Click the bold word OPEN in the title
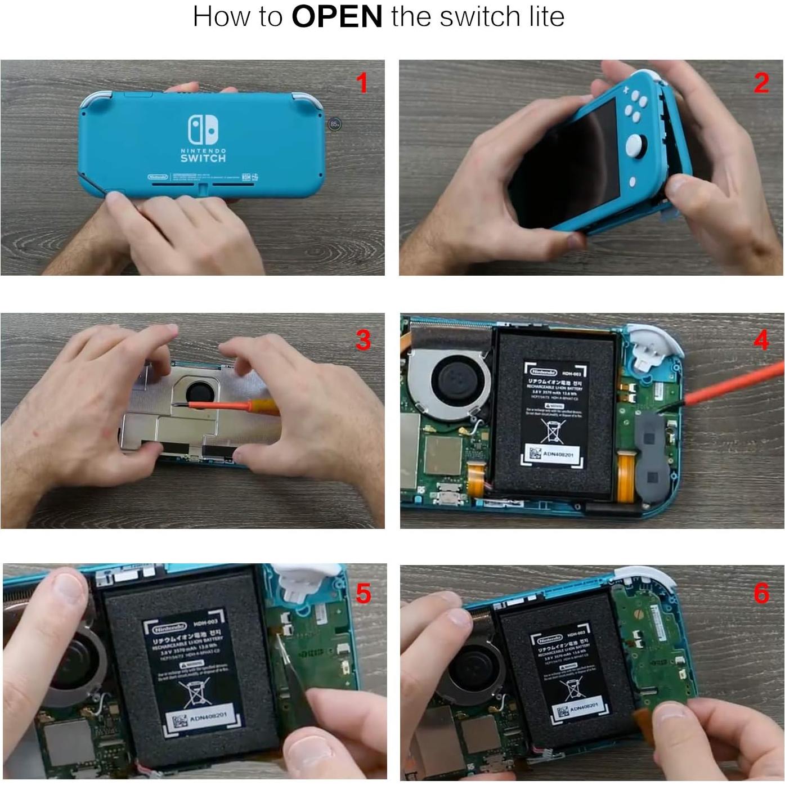[337, 16]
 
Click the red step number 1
[362, 83]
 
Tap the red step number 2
[761, 83]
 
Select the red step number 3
[363, 340]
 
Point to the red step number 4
[761, 340]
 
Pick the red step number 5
[363, 594]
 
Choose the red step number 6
[761, 593]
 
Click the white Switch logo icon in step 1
[203, 129]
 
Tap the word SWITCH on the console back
[203, 159]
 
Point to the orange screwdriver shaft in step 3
[219, 405]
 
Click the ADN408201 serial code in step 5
[208, 717]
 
